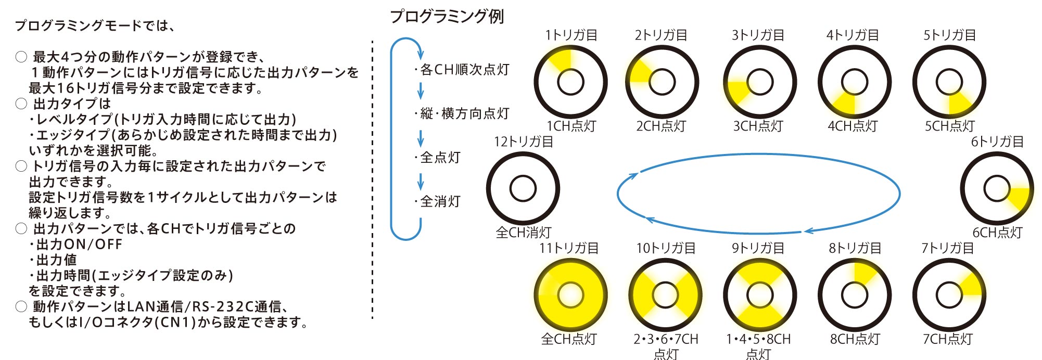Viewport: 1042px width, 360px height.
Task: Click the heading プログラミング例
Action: [447, 17]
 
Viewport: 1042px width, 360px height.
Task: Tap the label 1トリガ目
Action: [571, 35]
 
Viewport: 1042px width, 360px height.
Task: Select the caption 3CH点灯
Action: [758, 126]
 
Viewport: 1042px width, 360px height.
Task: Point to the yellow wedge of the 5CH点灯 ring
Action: [959, 103]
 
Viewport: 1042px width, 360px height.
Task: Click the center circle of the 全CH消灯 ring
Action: [523, 189]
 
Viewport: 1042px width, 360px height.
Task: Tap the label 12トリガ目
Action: [523, 142]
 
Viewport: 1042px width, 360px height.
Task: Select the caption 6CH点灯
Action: [997, 233]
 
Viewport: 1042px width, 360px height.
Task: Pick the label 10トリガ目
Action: [665, 248]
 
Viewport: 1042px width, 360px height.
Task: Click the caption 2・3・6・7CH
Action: [665, 339]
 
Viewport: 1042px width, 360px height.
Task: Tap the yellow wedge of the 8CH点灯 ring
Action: [864, 273]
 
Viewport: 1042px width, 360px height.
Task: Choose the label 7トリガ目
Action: [947, 248]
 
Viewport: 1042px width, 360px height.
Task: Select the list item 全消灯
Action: [440, 201]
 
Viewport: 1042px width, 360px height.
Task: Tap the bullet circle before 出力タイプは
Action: [21, 104]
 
